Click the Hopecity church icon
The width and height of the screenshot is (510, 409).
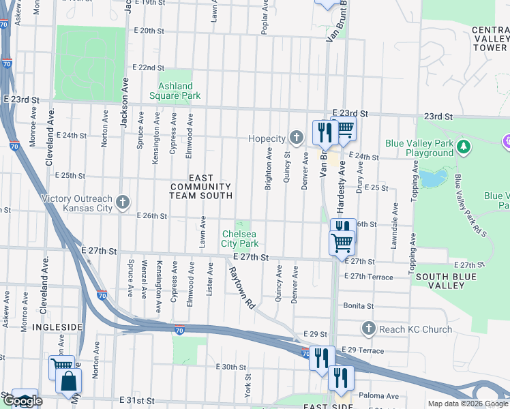point(295,138)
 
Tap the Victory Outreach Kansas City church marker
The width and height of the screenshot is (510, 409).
point(123,202)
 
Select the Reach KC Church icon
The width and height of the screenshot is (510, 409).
point(369,329)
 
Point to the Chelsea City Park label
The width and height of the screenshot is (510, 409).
point(239,239)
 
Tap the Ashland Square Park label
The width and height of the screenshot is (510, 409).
point(179,91)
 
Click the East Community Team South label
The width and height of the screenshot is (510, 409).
point(201,186)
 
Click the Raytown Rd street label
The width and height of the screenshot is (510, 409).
point(241,286)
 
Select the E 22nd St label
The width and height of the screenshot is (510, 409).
point(149,68)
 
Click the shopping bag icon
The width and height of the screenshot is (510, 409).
point(70,382)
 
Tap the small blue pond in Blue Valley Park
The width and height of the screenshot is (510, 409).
point(430,179)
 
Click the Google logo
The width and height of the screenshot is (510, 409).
point(23,401)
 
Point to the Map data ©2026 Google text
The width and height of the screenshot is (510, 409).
point(467,404)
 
